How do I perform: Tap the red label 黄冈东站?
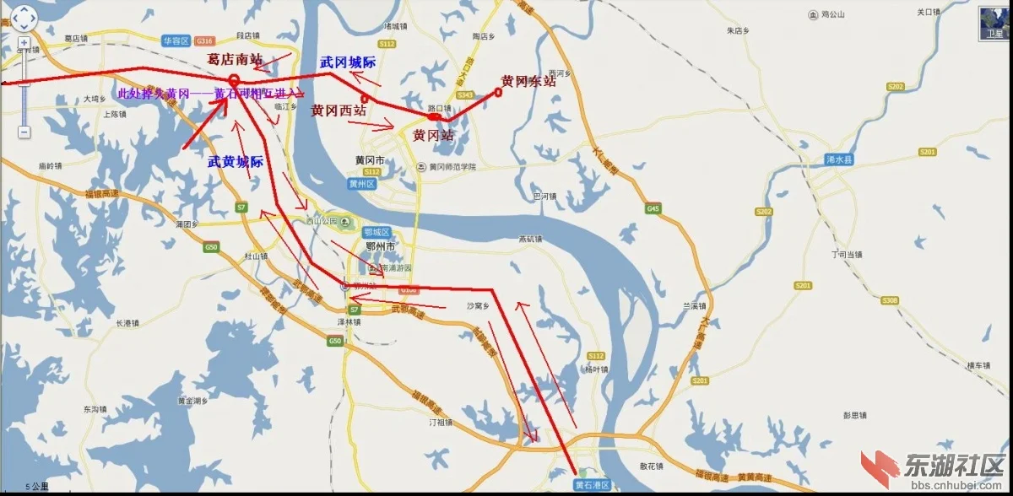tap(528, 81)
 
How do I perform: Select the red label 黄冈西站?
tap(339, 111)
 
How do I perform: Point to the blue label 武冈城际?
tap(348, 62)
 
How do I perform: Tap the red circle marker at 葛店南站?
tap(234, 80)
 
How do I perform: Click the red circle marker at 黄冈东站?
tap(498, 92)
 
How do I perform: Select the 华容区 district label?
tap(176, 40)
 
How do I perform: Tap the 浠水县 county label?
tap(841, 159)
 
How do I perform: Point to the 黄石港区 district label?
tap(592, 485)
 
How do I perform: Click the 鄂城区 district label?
tap(376, 232)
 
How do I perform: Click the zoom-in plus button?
tap(24, 42)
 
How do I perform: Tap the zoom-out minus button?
tap(24, 132)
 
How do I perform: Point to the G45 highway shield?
tap(652, 208)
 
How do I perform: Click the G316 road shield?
tap(203, 40)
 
